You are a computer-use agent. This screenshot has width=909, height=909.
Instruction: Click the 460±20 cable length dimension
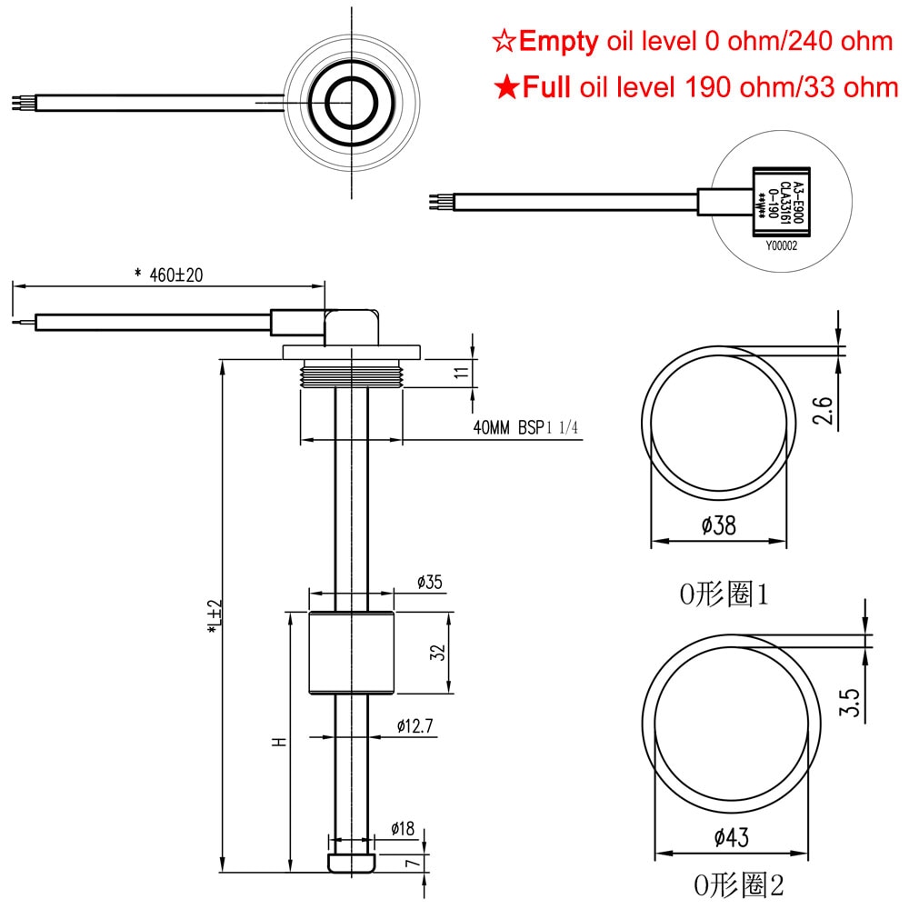click(167, 275)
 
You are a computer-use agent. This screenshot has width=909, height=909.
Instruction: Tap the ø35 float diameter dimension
click(429, 583)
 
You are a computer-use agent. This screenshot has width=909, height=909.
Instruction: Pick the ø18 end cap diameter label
click(402, 828)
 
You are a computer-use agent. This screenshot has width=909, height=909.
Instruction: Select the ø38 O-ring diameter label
click(718, 524)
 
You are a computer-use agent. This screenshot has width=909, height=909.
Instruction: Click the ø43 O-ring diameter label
click(731, 837)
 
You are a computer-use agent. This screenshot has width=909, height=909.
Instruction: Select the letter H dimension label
click(279, 742)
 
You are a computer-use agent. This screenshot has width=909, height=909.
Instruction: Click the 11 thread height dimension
click(462, 372)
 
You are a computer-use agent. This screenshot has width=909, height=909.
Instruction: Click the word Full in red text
click(545, 87)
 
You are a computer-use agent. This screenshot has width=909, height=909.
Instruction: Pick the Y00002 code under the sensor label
click(780, 245)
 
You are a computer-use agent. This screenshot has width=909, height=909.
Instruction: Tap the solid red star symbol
click(504, 87)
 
